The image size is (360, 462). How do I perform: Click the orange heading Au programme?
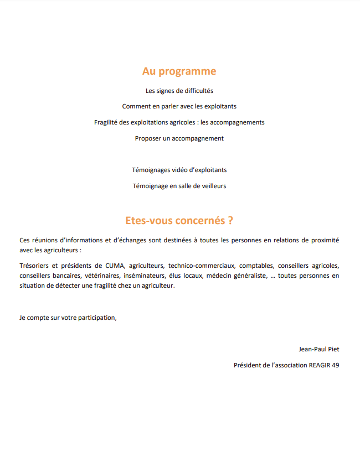179,71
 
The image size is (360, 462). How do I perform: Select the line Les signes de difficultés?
179,90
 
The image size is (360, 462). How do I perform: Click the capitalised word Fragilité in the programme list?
107,122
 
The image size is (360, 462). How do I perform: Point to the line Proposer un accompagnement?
179,138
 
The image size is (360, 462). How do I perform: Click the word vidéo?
175,170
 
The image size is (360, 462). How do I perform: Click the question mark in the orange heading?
230,220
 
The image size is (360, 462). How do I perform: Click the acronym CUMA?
115,265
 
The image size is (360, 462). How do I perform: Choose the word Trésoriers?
35,265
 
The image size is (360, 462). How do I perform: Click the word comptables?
256,265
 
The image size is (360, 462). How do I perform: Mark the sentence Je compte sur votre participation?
68,318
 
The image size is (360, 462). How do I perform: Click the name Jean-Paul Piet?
318,349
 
